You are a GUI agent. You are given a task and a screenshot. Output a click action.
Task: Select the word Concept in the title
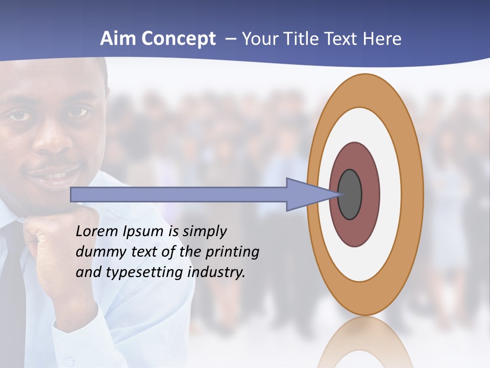[x=179, y=39]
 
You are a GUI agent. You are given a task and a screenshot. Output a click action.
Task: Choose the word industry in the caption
[x=216, y=272]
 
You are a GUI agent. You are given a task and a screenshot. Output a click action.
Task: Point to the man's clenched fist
[x=56, y=240]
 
